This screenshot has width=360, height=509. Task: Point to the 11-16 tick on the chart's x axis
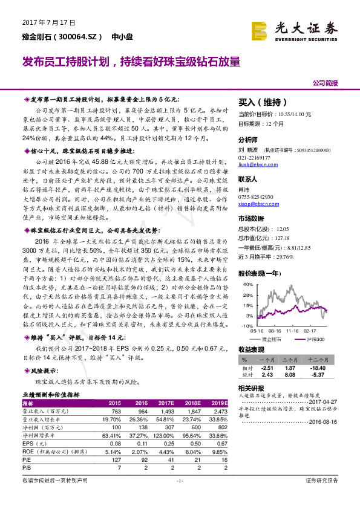[293, 331]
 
